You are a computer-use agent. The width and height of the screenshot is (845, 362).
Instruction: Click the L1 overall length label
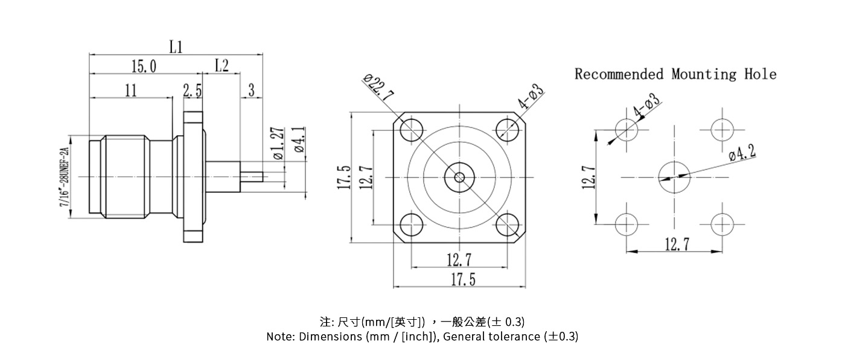coord(176,47)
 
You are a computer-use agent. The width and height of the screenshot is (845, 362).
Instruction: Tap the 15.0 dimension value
coord(144,66)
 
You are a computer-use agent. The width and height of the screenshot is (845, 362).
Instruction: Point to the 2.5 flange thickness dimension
coord(193,91)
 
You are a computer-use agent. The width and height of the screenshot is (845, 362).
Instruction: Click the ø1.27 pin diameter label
coord(278,143)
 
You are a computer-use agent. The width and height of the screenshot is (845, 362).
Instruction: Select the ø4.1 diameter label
coord(299,140)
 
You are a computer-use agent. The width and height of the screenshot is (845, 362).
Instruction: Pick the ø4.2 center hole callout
coord(742,153)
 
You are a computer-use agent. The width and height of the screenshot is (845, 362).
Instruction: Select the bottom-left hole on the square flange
coord(412,224)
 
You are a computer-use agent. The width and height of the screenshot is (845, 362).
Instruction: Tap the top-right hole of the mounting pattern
coord(721,130)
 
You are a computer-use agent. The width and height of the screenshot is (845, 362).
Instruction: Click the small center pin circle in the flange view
coord(459,177)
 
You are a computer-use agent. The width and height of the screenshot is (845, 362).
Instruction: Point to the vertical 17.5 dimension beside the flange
coord(343,177)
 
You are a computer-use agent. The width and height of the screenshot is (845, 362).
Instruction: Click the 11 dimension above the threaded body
coord(131,91)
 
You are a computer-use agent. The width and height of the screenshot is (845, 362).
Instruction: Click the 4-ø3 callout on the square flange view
coord(531,98)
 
